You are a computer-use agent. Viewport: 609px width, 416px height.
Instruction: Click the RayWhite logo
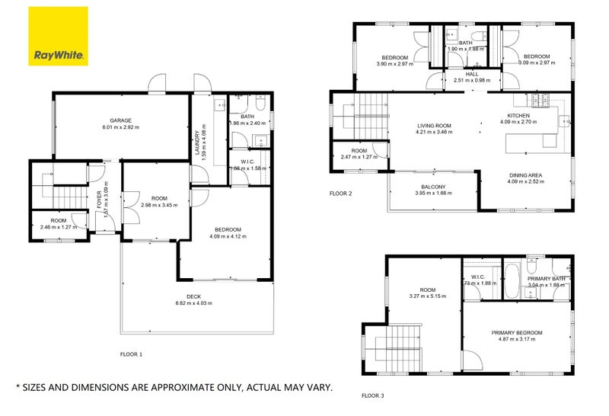59,36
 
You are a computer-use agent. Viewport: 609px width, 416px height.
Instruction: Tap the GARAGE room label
121,120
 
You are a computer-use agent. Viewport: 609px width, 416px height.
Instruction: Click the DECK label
195,296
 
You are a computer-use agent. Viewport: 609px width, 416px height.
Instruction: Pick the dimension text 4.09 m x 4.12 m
227,237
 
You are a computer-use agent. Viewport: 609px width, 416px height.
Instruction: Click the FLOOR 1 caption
131,354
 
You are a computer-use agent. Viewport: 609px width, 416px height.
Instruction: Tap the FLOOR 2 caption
340,194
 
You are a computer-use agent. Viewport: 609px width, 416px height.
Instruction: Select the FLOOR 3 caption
372,395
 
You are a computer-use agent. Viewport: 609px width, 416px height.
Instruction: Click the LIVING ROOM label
434,126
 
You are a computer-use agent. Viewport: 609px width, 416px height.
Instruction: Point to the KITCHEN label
518,115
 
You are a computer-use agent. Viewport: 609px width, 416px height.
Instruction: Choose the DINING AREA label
525,176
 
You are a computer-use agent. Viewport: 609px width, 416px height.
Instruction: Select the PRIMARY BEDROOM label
516,333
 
